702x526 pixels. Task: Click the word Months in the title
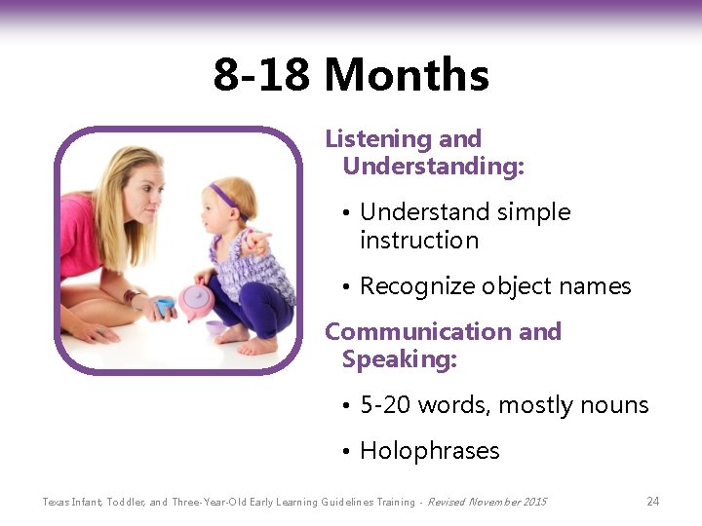pyautogui.click(x=407, y=75)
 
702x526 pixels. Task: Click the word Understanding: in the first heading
pyautogui.click(x=433, y=167)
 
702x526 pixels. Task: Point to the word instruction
pyautogui.click(x=419, y=240)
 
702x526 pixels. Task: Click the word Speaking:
pyautogui.click(x=399, y=359)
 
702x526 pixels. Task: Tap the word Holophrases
pyautogui.click(x=429, y=451)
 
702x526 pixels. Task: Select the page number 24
pyautogui.click(x=652, y=502)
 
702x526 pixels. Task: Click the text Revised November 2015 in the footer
pyautogui.click(x=487, y=502)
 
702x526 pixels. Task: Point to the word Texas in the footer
pyautogui.click(x=57, y=502)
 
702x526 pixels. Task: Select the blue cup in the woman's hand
pyautogui.click(x=165, y=307)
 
